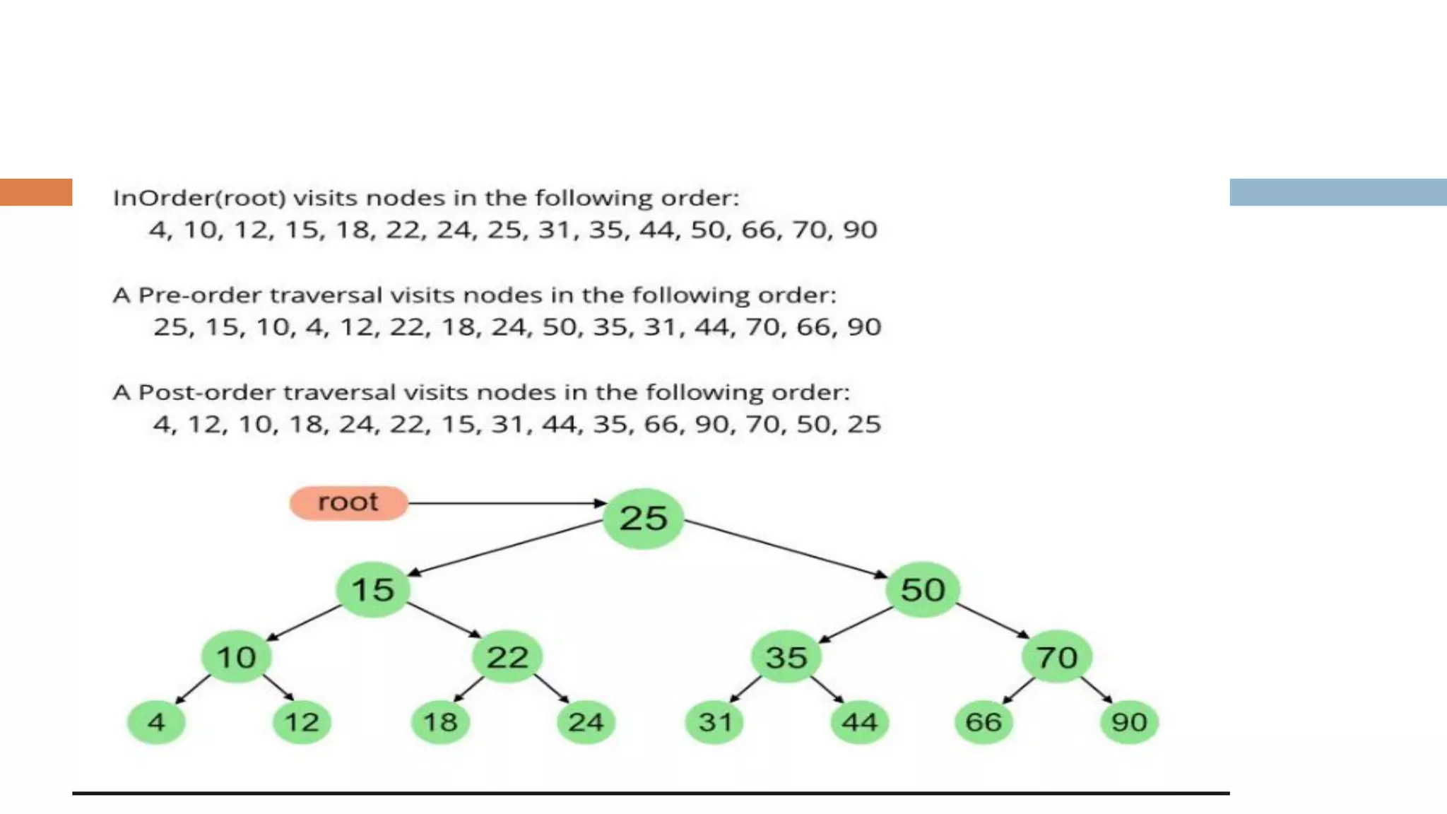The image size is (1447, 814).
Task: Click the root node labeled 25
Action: click(x=643, y=519)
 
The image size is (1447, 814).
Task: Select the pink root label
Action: click(x=348, y=502)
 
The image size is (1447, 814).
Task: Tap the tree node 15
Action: click(x=372, y=589)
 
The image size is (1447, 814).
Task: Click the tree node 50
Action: click(x=922, y=589)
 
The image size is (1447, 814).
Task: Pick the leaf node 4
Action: click(x=156, y=722)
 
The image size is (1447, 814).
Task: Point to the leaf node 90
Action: click(x=1129, y=722)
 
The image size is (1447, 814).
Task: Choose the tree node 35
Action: click(x=786, y=657)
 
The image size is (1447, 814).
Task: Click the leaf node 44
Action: click(x=859, y=722)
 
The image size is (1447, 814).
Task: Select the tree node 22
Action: click(x=507, y=657)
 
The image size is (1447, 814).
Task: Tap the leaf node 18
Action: click(x=440, y=722)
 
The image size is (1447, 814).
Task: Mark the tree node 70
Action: click(x=1056, y=657)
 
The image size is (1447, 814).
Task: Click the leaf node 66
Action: click(x=983, y=722)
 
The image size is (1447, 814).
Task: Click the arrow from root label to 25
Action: click(x=505, y=503)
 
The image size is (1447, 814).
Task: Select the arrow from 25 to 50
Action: click(x=784, y=548)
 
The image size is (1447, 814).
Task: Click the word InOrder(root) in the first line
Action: click(x=199, y=198)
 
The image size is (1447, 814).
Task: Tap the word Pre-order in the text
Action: click(x=199, y=295)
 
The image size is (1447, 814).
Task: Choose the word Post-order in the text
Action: click(x=206, y=392)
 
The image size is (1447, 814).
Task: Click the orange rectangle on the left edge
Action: click(x=36, y=192)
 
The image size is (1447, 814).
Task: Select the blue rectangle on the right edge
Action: click(x=1337, y=192)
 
